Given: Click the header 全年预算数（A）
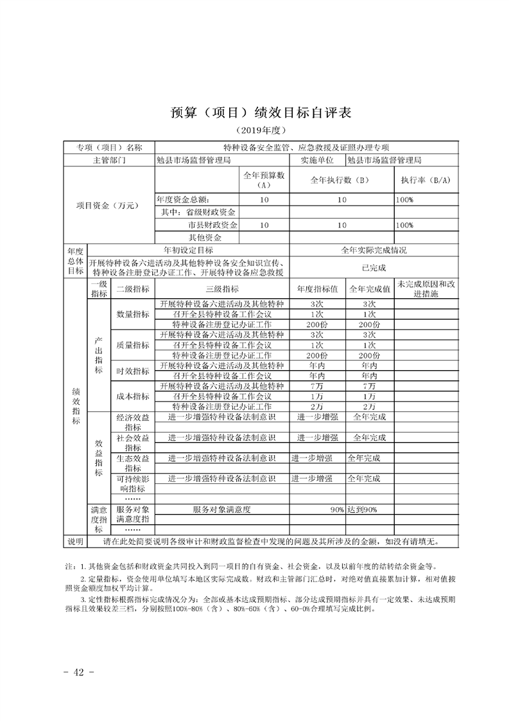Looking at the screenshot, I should coord(264,180).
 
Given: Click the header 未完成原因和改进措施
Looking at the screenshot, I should coord(426,289).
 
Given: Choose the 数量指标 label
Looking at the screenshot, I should coord(132,314).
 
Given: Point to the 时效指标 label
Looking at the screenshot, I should coord(132,371).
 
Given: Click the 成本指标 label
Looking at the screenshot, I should coord(132,396).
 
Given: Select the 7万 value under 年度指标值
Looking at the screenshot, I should coord(316,386).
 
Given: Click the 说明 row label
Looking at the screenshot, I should coord(75,542).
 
